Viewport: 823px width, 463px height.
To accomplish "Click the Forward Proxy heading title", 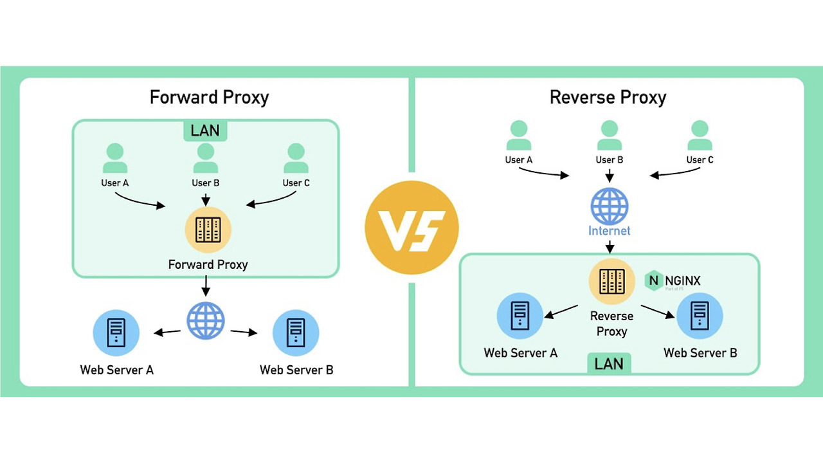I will coord(209,97).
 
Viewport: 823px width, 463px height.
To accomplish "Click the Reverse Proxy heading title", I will coord(608,97).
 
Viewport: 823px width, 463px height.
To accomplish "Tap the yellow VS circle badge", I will coord(411,228).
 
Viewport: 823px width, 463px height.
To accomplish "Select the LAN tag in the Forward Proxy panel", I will coord(205,131).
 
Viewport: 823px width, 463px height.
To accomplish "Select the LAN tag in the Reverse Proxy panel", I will coord(608,363).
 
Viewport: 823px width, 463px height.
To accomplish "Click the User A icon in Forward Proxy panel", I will coord(115,158).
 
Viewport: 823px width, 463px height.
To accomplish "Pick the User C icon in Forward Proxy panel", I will coord(296,158).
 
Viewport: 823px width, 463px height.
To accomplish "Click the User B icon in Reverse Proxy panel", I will coord(609,136).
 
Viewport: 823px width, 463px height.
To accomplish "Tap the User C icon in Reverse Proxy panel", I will coord(700,136).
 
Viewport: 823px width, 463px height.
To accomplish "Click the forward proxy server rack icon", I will coord(208,230).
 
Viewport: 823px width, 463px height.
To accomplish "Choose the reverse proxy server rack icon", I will coord(611,281).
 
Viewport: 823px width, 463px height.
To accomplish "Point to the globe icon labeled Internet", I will coord(609,206).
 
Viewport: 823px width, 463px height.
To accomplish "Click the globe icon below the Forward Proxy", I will coord(206,321).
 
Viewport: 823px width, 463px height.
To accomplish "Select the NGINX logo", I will coord(673,281).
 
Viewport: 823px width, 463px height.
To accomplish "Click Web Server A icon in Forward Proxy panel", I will coord(116,332).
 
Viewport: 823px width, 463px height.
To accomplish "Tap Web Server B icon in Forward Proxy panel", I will coord(296,332).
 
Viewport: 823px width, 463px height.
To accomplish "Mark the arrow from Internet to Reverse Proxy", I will coord(609,246).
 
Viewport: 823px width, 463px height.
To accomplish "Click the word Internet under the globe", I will coord(609,230).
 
